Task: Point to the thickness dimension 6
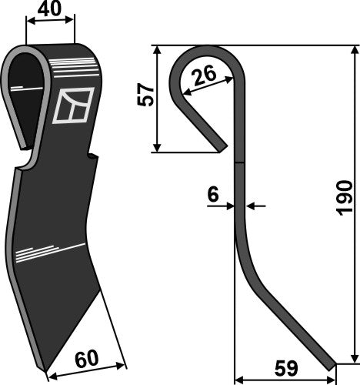click(x=212, y=196)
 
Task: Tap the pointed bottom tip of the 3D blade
click(x=50, y=371)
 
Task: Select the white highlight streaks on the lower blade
click(x=48, y=250)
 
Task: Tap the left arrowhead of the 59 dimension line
click(x=238, y=379)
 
